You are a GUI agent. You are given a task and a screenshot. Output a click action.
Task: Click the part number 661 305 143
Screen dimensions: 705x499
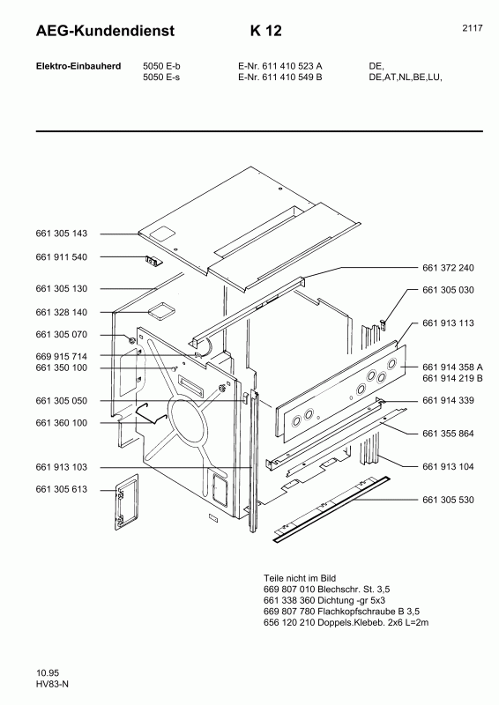tap(61, 234)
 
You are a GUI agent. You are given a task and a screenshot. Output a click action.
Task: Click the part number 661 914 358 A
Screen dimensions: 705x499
tap(453, 367)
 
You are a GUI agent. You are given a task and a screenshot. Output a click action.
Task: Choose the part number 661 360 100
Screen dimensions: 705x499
tap(61, 423)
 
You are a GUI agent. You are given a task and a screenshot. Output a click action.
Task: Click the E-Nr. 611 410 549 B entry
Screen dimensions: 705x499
tap(279, 78)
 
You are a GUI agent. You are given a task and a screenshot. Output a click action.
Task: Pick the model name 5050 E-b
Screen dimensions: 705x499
tap(161, 66)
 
